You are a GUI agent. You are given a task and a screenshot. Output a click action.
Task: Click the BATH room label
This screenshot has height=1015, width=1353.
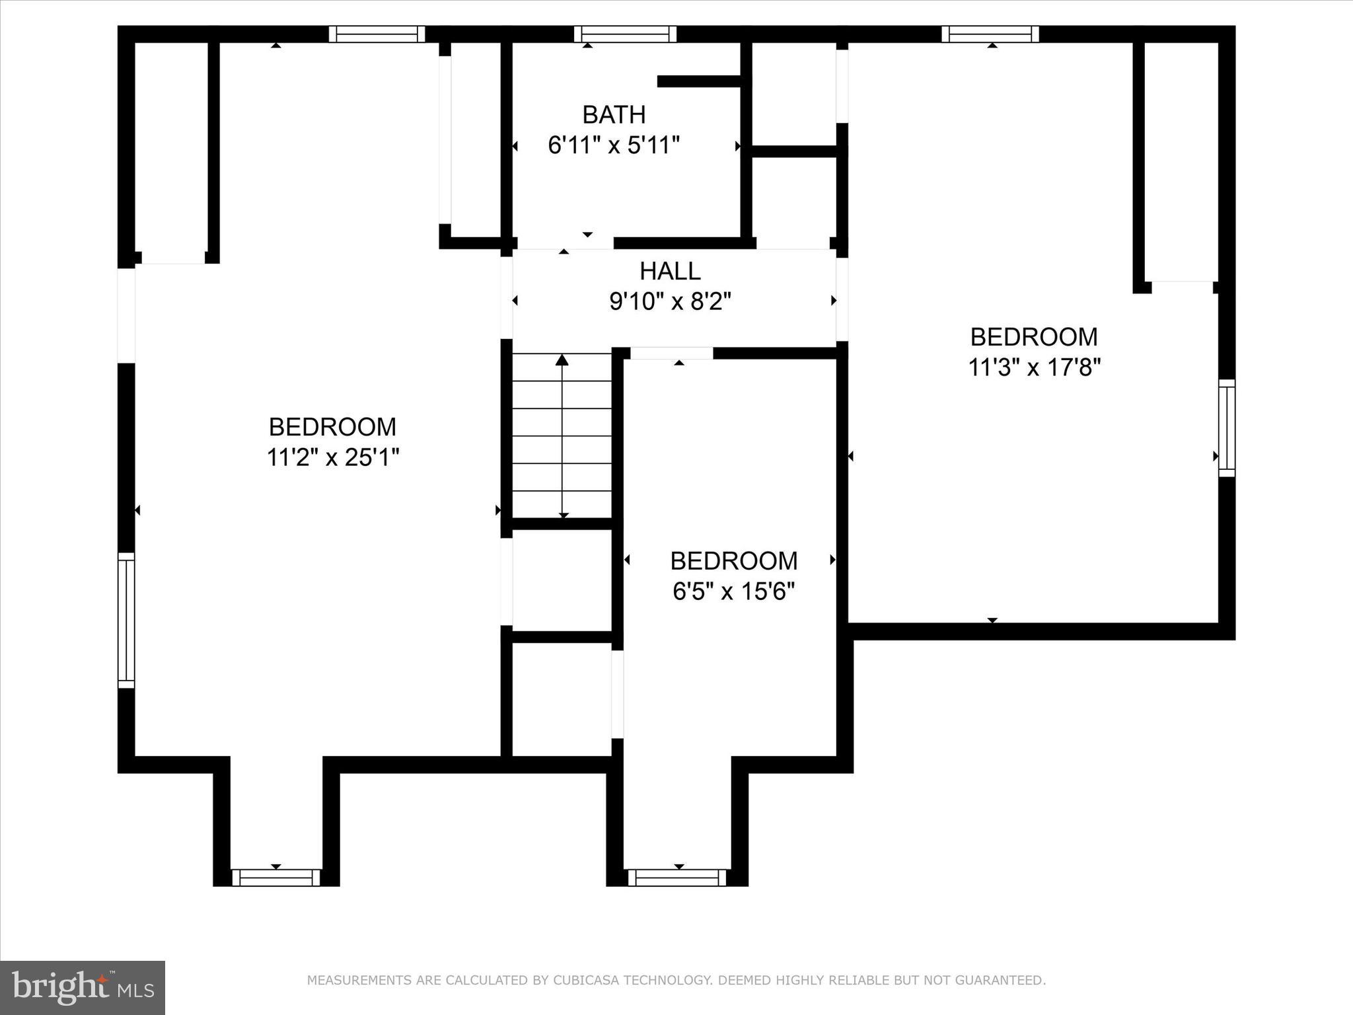click(613, 115)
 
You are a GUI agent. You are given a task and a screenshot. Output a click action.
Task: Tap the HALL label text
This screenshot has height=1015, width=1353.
click(669, 272)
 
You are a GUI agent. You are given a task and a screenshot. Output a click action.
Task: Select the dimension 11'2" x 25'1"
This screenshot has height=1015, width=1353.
click(333, 457)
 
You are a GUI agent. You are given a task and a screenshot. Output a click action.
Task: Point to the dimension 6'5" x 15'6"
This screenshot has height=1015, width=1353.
click(733, 591)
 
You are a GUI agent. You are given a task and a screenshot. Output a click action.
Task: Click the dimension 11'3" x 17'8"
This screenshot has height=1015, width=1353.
click(1034, 367)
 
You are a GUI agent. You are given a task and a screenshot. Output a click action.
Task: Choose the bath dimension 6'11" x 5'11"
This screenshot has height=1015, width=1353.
click(613, 145)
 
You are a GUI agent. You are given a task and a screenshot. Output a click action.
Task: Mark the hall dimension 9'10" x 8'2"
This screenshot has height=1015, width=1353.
click(669, 302)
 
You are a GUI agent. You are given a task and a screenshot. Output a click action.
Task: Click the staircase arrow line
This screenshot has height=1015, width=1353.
click(562, 436)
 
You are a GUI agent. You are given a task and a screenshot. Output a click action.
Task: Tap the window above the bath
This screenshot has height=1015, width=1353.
click(625, 34)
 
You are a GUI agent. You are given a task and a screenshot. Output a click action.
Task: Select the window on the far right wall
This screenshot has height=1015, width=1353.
click(1226, 428)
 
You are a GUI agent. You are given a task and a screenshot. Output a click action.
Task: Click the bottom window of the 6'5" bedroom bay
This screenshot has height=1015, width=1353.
click(676, 878)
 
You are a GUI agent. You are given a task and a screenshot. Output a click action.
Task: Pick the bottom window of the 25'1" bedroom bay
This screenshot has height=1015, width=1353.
click(276, 878)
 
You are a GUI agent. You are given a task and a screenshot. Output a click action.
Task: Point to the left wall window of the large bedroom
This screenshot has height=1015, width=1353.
click(126, 620)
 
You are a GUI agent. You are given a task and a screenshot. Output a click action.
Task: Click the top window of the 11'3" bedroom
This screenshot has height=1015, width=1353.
click(990, 34)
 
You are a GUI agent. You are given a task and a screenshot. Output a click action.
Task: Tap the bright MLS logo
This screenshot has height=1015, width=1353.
click(83, 987)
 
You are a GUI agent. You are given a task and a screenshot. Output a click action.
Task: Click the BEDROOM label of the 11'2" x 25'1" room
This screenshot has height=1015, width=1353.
click(332, 427)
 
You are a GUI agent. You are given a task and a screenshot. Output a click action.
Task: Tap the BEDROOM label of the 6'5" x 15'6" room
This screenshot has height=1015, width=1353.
click(733, 561)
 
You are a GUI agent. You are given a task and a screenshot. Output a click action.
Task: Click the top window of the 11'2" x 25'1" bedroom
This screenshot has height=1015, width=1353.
click(377, 34)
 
